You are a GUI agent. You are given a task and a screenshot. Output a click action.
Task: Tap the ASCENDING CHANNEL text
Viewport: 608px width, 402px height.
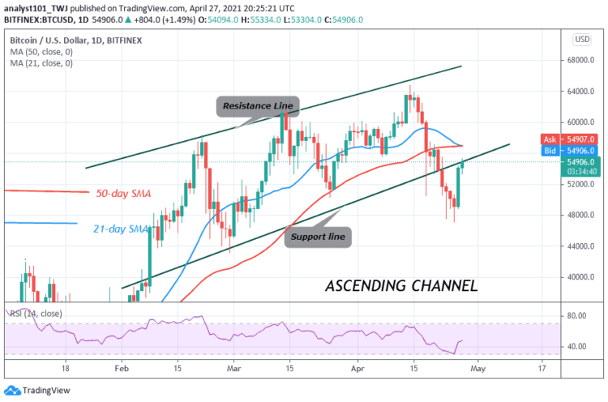coord(400,285)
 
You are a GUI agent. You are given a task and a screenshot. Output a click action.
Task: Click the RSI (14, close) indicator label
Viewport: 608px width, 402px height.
coord(36,312)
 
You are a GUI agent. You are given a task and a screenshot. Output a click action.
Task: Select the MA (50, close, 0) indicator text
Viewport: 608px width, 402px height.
coord(43,50)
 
